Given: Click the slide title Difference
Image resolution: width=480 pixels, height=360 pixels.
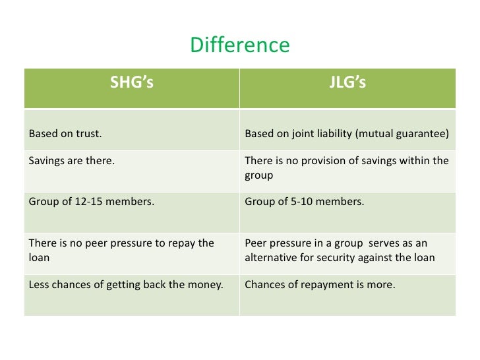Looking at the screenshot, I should click(239, 45).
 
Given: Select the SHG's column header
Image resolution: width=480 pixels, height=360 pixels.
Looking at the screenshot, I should click(132, 83).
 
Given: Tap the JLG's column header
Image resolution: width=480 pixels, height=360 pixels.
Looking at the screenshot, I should click(347, 83).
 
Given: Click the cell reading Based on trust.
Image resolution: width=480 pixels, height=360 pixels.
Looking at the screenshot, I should click(65, 134).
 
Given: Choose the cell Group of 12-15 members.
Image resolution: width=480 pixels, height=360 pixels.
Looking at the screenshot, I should click(92, 202).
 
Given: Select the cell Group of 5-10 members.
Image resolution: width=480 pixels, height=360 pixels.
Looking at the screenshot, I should click(304, 202).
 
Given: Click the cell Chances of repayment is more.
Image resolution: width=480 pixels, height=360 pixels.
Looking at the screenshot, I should click(320, 285).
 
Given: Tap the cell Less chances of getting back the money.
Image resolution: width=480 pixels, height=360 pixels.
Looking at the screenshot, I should click(126, 285).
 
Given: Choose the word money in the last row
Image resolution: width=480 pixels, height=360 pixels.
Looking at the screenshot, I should click(205, 285).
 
